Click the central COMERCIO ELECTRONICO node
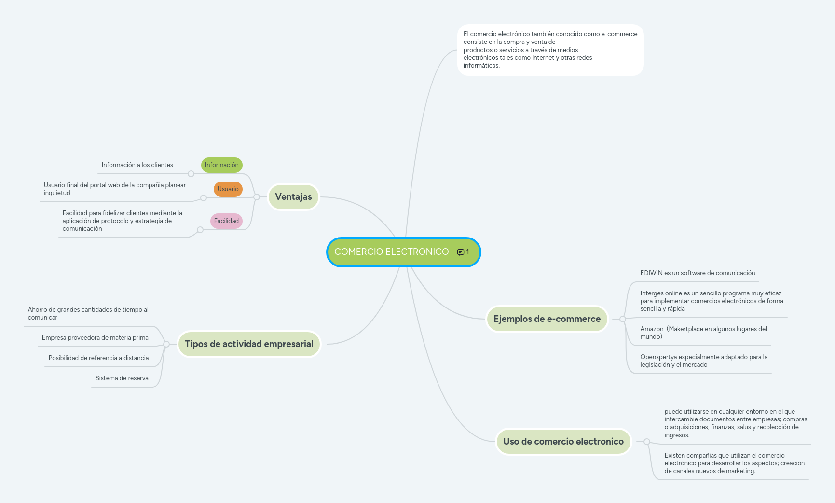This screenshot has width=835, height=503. coord(391,252)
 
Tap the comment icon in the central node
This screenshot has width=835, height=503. coord(461,252)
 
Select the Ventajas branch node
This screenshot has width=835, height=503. coord(293,197)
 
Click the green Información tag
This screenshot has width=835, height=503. coord(221,165)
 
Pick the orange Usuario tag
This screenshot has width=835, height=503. coord(228,189)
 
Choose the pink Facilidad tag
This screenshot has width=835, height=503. coord(226,221)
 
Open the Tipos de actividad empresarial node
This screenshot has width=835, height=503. coord(249,344)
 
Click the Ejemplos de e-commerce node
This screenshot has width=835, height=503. coord(547,319)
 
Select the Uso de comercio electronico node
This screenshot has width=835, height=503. coord(563,442)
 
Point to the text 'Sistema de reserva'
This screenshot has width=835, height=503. coord(122,378)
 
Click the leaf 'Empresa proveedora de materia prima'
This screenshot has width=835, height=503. coord(95,338)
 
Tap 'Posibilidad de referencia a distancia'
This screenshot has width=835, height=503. coord(98,358)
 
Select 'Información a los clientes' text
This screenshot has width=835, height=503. coord(137,165)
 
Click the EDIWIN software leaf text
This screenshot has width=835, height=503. coord(698,273)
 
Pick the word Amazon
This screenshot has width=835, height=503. coord(652,329)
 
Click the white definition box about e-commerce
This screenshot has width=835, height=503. coord(550,50)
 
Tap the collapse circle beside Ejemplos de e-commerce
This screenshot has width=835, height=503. coord(623,319)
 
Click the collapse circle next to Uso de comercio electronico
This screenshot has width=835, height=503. coord(647,442)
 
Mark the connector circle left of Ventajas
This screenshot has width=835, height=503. coord(257,197)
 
